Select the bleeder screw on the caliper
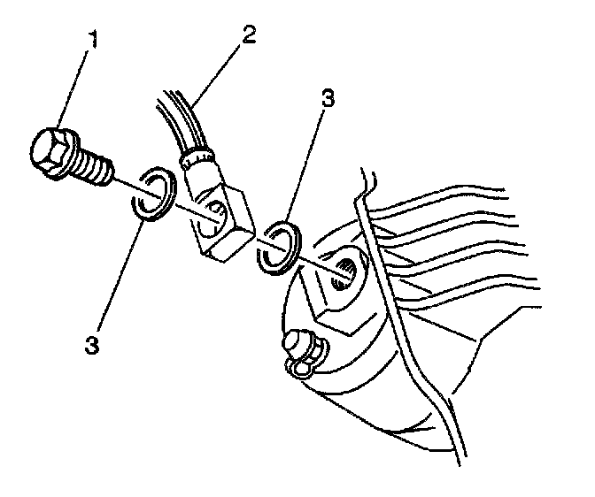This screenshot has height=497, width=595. tap(299, 349)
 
